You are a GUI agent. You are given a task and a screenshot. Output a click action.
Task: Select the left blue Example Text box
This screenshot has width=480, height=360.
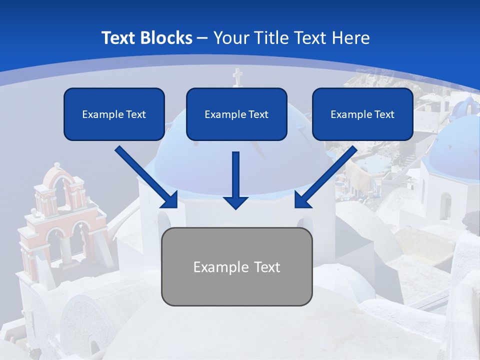[114, 114]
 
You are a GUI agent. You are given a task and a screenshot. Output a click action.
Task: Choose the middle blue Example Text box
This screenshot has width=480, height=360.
[236, 114]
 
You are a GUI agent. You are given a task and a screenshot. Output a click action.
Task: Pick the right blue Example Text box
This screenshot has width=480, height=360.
[362, 114]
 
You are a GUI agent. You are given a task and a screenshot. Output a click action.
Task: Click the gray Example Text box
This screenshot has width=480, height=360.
[236, 267]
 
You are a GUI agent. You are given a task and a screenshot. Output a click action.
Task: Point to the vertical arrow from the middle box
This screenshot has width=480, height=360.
[236, 175]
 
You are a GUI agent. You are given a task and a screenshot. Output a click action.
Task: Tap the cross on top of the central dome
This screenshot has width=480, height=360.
[237, 77]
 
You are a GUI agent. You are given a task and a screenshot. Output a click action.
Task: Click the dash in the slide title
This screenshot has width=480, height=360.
[202, 38]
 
